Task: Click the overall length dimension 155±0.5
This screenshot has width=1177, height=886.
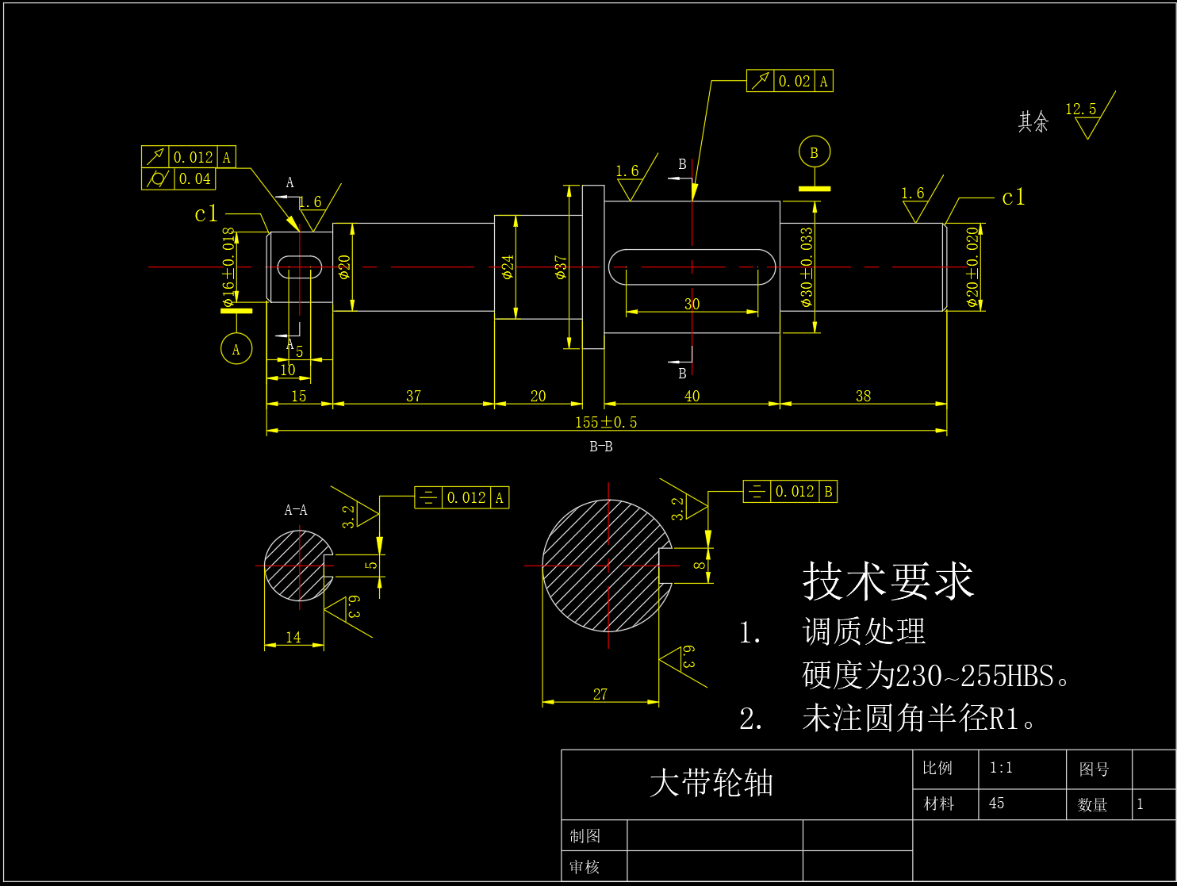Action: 606,422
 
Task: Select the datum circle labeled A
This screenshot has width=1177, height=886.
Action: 236,349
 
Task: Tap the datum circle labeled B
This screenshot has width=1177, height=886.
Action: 814,152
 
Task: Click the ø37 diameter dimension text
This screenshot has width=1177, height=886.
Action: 561,267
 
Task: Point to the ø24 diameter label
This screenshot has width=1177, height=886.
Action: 508,267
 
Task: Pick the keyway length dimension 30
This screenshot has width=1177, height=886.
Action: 692,304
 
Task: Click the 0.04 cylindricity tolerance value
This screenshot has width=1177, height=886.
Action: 194,179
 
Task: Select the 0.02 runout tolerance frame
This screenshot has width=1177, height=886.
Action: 790,81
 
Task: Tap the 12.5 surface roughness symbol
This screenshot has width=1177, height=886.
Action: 1087,116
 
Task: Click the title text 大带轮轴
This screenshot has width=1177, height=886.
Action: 711,783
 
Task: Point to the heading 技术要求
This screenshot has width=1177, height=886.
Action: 888,581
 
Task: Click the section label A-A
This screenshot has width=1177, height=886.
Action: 296,510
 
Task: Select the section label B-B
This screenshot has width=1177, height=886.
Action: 600,447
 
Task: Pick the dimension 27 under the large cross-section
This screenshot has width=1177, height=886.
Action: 600,694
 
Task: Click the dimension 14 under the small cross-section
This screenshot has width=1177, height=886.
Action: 293,637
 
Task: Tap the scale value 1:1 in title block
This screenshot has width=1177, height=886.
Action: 1001,768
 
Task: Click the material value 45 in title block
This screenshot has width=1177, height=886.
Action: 996,804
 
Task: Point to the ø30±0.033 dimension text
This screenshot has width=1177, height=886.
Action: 807,267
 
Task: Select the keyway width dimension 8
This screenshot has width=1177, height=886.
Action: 699,565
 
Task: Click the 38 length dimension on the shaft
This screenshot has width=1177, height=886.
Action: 863,396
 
